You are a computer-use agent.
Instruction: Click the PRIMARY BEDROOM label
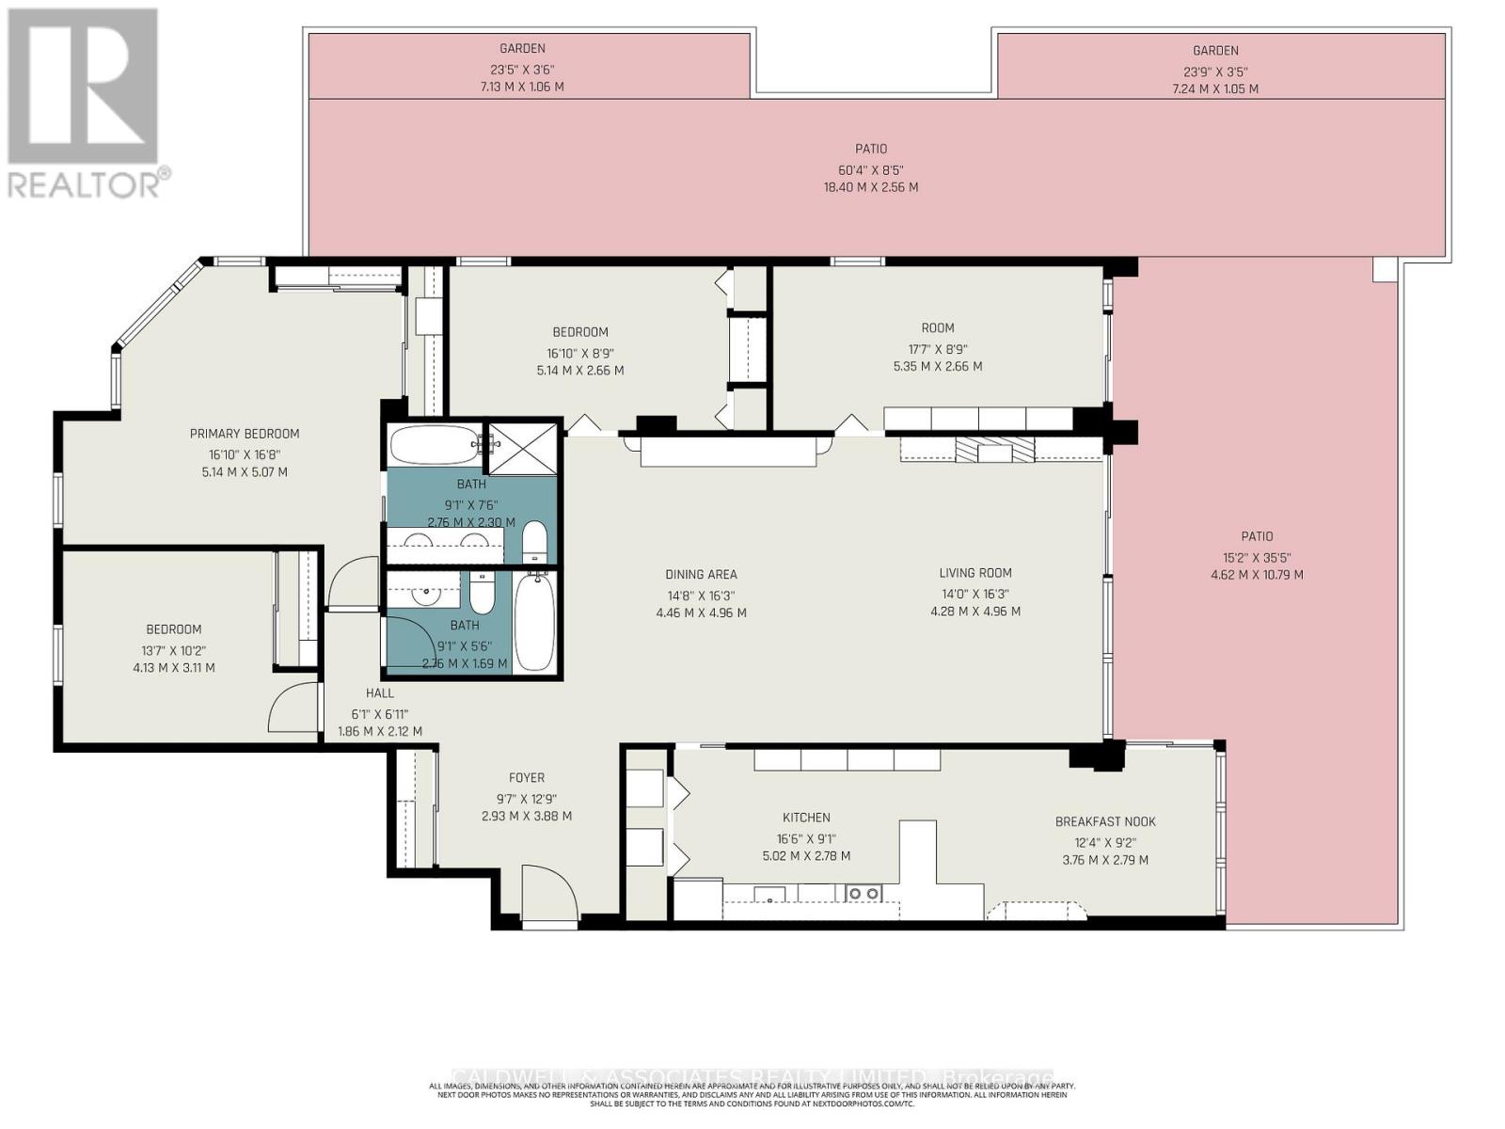[x=245, y=434]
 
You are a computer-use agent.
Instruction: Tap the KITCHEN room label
[x=806, y=818]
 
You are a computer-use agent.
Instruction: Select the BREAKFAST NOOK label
[x=1105, y=821]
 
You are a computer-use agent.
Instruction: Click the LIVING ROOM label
[x=975, y=573]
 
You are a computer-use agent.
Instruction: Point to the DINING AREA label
[x=701, y=574]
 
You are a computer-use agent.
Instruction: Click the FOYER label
[x=527, y=778]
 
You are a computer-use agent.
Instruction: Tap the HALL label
[x=380, y=693]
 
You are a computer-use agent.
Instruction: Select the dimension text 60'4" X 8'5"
[x=871, y=169]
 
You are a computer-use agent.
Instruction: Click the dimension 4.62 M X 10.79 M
[x=1257, y=575]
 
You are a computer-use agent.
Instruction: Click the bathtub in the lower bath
[x=535, y=622]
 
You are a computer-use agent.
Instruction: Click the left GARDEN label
[x=522, y=48]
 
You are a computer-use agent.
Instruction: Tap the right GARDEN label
[x=1215, y=51]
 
